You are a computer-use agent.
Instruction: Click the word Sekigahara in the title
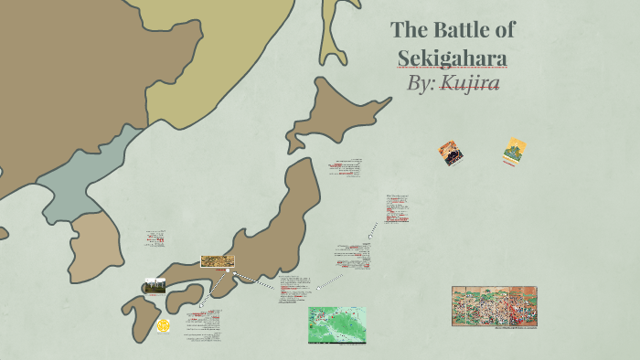pos(452,58)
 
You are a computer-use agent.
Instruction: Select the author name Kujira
pos(469,83)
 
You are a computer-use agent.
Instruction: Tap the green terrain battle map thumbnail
pos(336,324)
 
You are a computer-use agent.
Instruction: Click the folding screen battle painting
pos(494,306)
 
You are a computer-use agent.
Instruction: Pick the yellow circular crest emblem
pos(164,325)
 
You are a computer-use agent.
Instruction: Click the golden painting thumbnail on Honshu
pos(217,261)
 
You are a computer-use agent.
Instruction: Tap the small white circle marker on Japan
pos(228,270)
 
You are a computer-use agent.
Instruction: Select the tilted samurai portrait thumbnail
pos(450,153)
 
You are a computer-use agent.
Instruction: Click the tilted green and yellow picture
pos(514,152)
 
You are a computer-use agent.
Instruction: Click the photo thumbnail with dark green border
pos(155,286)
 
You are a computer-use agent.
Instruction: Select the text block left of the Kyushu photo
pos(155,239)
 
